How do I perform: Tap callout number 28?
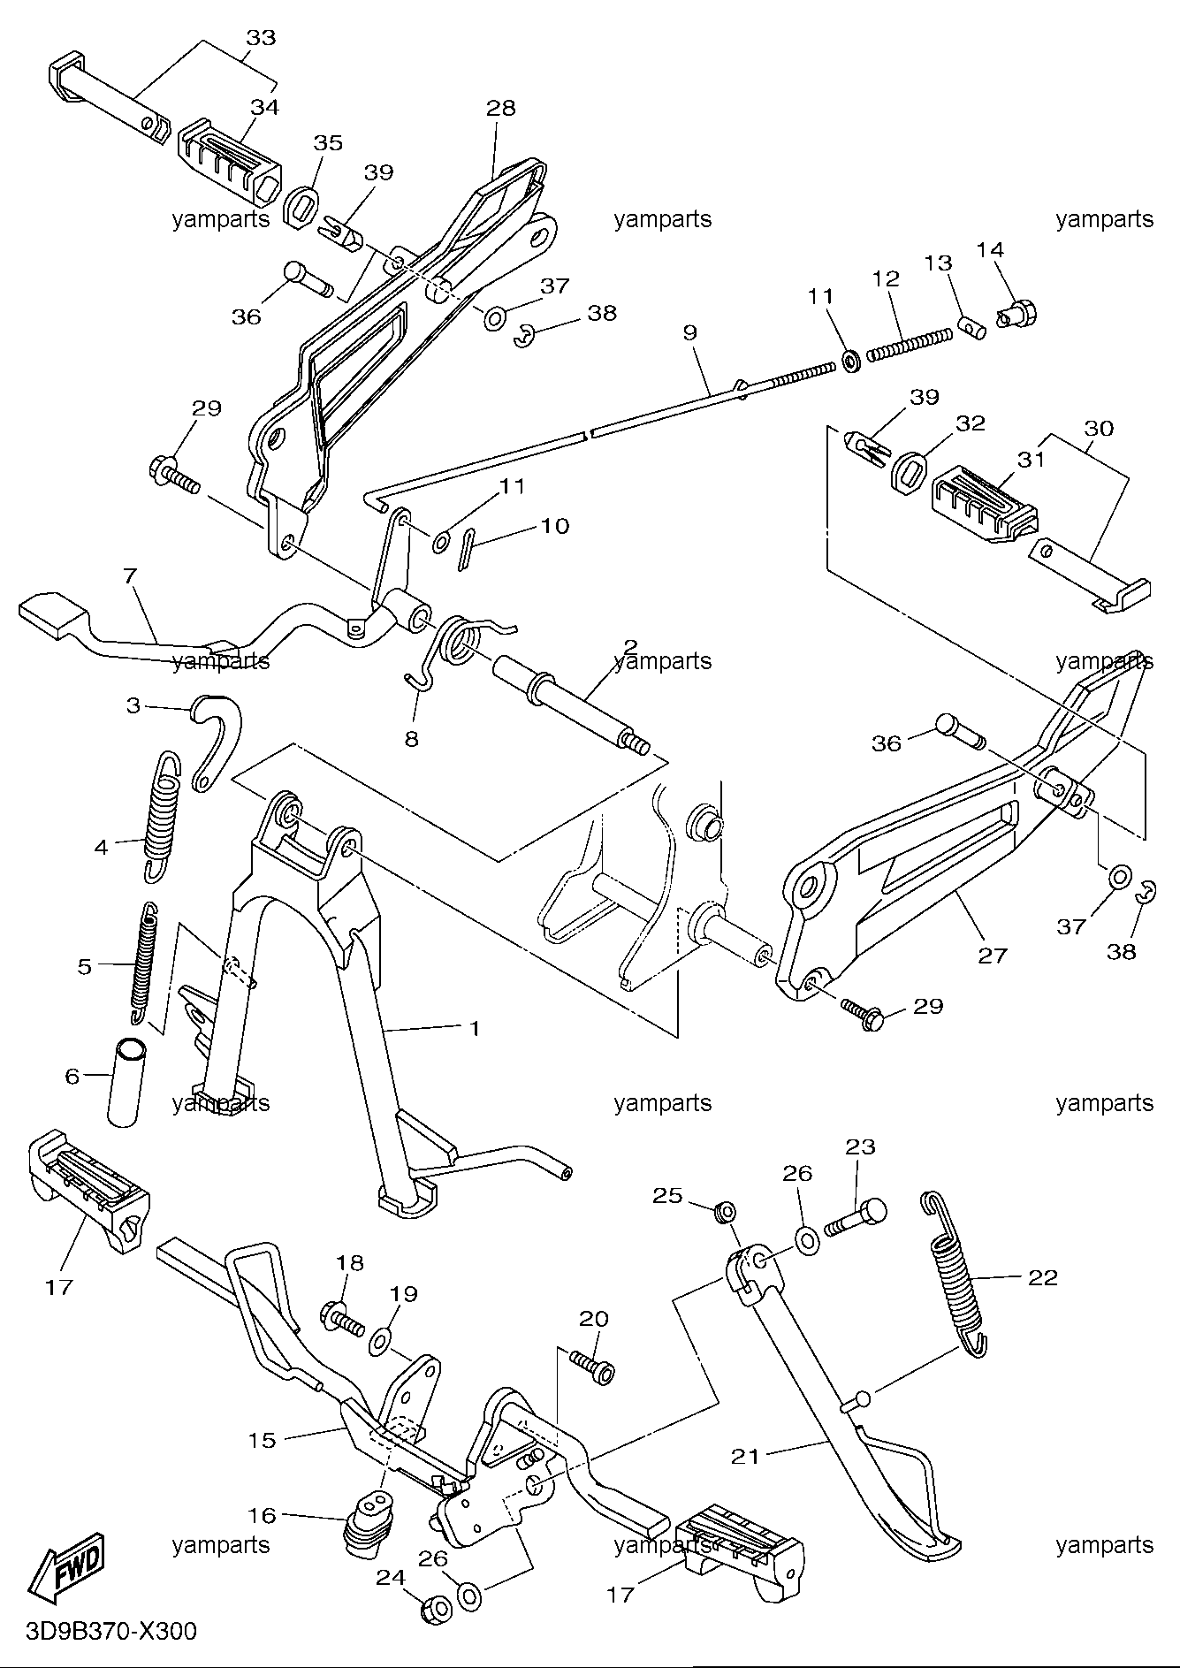pos(500,108)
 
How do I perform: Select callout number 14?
pos(990,249)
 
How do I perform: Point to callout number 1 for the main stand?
pos(474,1028)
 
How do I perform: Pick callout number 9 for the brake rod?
pos(689,332)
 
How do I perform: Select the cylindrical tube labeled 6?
pos(126,1081)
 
